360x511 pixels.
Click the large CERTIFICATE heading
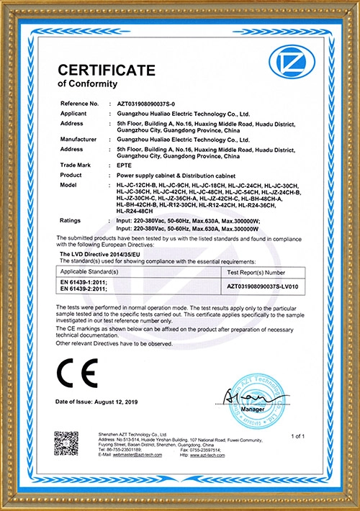click(106, 70)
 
